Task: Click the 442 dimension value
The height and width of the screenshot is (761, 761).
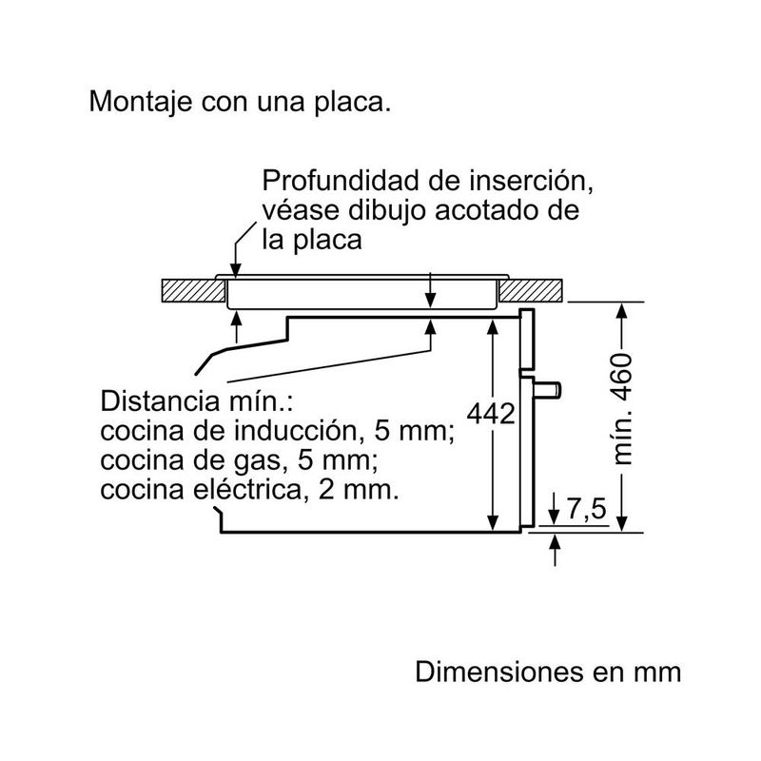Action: pyautogui.click(x=491, y=415)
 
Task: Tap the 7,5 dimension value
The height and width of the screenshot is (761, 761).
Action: pyautogui.click(x=586, y=510)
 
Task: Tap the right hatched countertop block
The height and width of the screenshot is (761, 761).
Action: pyautogui.click(x=533, y=289)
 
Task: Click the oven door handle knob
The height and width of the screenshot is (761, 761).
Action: pyautogui.click(x=553, y=388)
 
